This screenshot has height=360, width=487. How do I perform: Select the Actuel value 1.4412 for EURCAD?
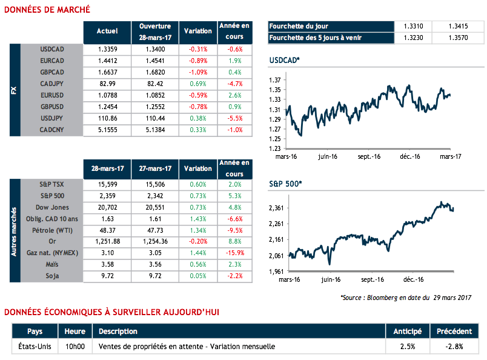[x=107, y=61]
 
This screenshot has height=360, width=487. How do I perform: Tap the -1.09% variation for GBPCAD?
[x=197, y=72]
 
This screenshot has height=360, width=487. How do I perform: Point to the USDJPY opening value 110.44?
[x=155, y=118]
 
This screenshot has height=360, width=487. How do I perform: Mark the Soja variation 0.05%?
[x=197, y=276]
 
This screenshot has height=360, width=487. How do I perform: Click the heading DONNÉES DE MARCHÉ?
[x=47, y=9]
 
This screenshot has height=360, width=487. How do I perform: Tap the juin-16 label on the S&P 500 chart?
[x=331, y=280]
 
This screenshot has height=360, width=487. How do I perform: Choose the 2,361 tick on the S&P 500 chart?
[x=276, y=208]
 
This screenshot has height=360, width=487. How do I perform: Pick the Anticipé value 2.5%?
[x=408, y=347]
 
